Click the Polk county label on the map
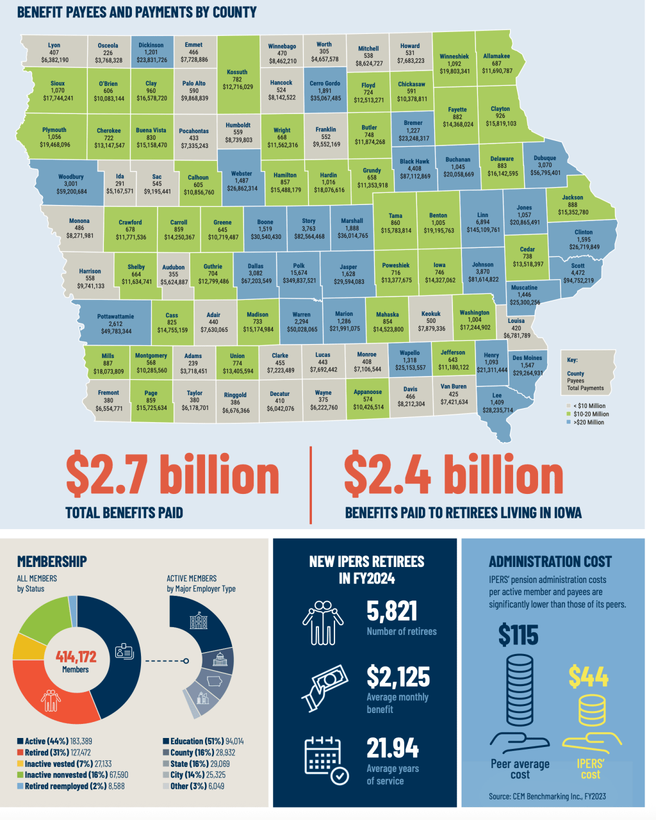[x=299, y=265]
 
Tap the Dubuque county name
[x=545, y=158]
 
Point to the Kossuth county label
[x=237, y=72]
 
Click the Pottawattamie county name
[x=116, y=316]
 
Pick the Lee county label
[x=497, y=395]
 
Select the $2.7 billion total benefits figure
[x=172, y=474]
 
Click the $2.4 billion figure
[x=454, y=474]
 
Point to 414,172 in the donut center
[x=76, y=657]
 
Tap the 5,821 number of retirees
[x=392, y=612]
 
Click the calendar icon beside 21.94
[x=326, y=760]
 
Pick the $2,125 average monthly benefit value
[x=398, y=676]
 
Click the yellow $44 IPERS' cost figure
[x=588, y=676]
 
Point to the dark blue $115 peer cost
[x=518, y=635]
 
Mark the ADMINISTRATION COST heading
[x=550, y=562]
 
